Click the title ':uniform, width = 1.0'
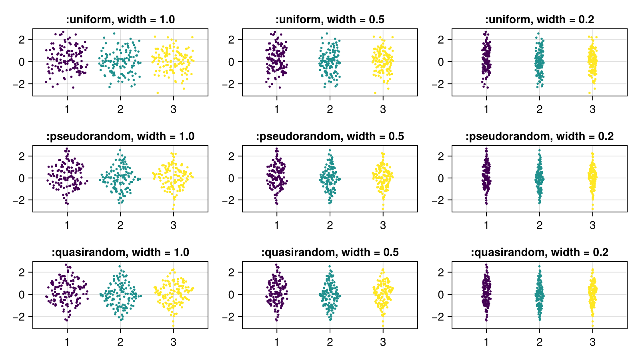120,20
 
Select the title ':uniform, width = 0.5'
330,20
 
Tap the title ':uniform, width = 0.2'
539,20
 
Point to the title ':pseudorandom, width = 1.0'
120,136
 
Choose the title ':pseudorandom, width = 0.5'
330,136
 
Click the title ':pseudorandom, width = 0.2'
539,136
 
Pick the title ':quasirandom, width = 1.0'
120,252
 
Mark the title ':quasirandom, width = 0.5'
330,252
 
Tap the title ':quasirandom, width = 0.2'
539,252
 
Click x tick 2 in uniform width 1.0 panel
120,109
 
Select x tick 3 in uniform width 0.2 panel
592,109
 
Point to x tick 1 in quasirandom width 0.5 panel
277,342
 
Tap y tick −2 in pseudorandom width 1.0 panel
19,200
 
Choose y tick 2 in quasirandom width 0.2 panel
441,272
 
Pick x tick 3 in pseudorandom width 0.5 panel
383,226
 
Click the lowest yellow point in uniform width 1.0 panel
158,93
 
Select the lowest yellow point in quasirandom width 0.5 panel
383,326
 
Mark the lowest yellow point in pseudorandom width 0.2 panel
592,209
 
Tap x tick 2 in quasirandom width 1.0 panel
120,342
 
